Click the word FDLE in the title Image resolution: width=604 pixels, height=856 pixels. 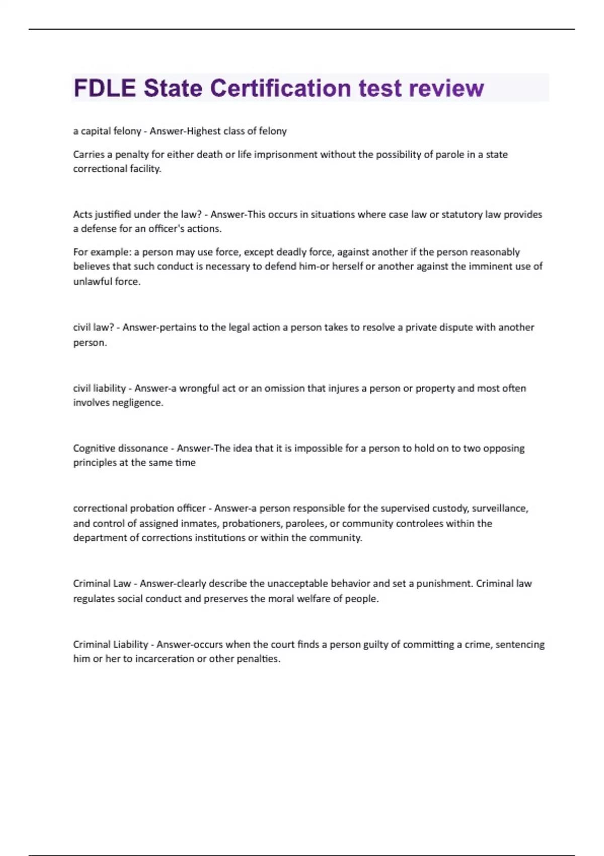104,88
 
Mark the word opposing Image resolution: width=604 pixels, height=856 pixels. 504,448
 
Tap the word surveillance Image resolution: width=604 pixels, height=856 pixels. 500,509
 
